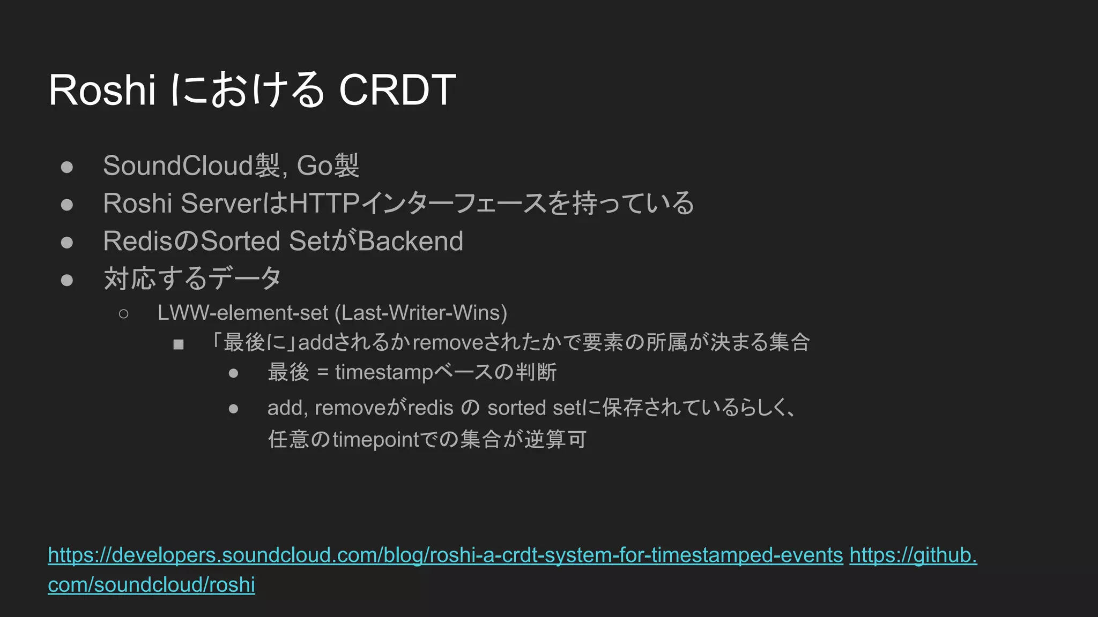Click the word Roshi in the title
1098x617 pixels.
coord(102,90)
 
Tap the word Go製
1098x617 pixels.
coord(328,165)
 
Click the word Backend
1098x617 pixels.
coord(410,241)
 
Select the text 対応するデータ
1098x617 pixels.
coord(192,279)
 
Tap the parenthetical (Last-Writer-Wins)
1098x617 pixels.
coord(421,313)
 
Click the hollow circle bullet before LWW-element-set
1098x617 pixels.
coord(123,314)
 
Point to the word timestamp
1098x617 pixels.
coord(383,372)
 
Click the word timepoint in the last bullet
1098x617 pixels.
coord(375,440)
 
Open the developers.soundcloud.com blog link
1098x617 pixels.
coord(445,555)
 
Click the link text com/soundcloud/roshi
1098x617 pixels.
coord(151,585)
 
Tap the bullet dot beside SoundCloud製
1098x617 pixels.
coord(67,167)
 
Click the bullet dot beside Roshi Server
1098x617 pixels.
coord(67,205)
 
